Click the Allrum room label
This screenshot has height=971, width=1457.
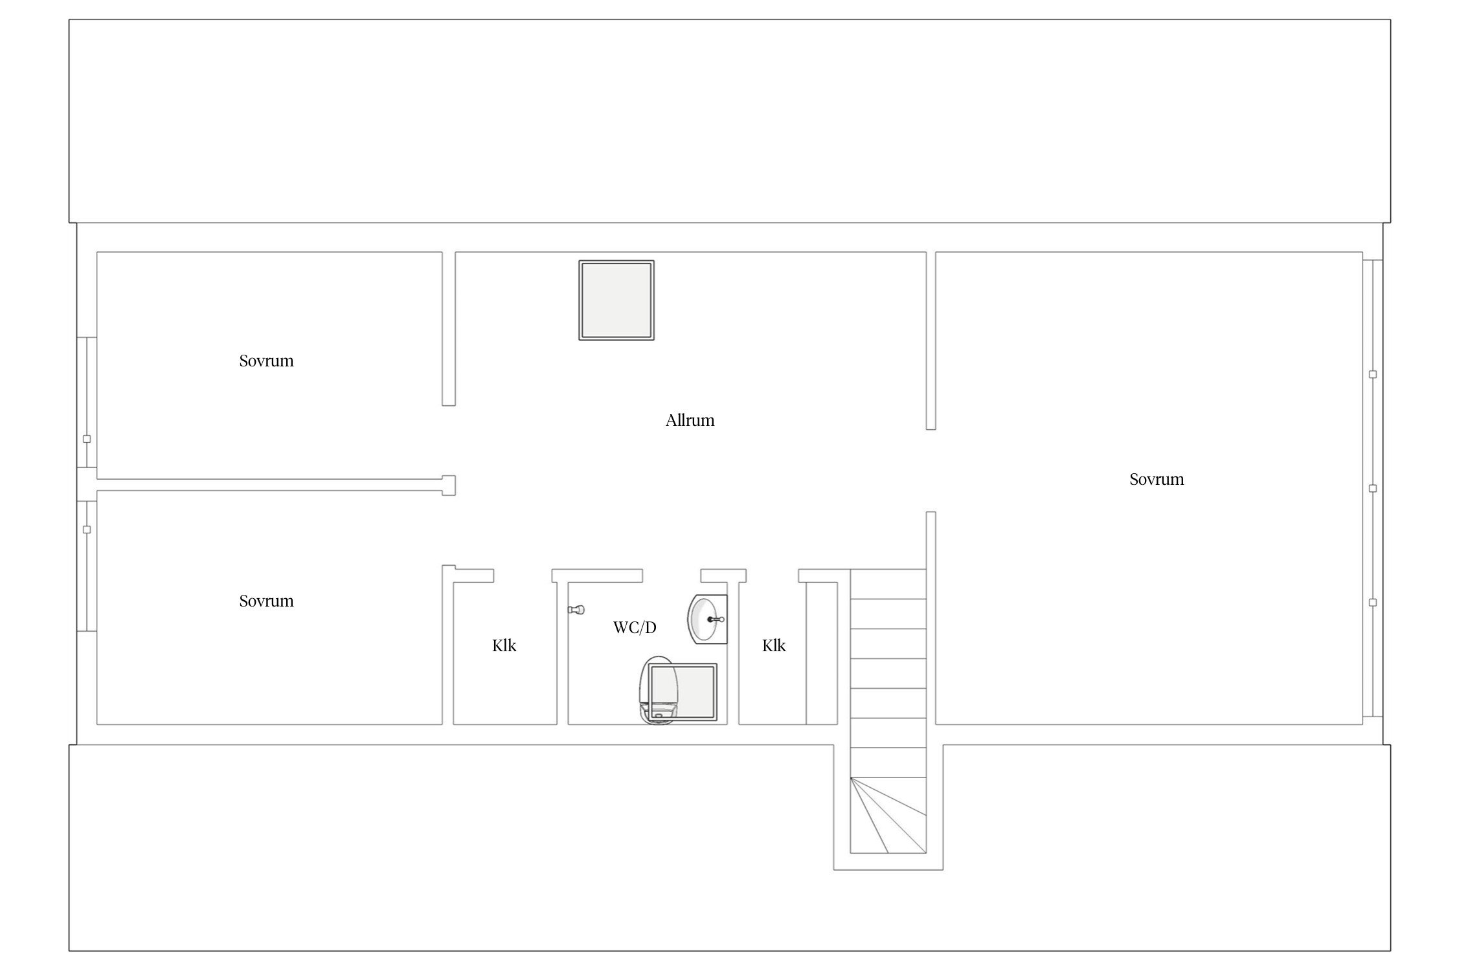pyautogui.click(x=690, y=421)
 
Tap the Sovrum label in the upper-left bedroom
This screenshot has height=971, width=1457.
pyautogui.click(x=266, y=361)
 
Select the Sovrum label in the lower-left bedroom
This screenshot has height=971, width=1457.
pyautogui.click(x=266, y=601)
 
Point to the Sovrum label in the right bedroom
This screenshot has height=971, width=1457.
pyautogui.click(x=1157, y=480)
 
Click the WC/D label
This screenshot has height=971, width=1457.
pyautogui.click(x=635, y=627)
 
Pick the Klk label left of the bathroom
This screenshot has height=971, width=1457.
pyautogui.click(x=504, y=645)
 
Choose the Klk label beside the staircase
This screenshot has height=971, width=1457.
pyautogui.click(x=774, y=645)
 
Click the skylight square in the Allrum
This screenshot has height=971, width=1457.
pyautogui.click(x=616, y=300)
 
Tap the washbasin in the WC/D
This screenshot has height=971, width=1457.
pyautogui.click(x=706, y=619)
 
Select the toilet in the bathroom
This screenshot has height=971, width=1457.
pyautogui.click(x=657, y=690)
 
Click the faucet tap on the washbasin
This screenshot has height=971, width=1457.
pyautogui.click(x=716, y=619)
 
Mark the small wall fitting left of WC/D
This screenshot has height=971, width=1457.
pyautogui.click(x=576, y=610)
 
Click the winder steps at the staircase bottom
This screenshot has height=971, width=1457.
pyautogui.click(x=888, y=816)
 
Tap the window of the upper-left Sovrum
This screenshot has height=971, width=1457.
pyautogui.click(x=87, y=402)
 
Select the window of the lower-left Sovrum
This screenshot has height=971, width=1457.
pyautogui.click(x=87, y=565)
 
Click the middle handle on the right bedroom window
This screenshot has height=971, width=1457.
pyautogui.click(x=1372, y=489)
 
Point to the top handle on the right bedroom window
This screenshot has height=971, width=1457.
pyautogui.click(x=1372, y=374)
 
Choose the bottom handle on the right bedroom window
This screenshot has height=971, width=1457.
pyautogui.click(x=1372, y=603)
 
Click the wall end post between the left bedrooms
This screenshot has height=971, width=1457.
pyautogui.click(x=449, y=485)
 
